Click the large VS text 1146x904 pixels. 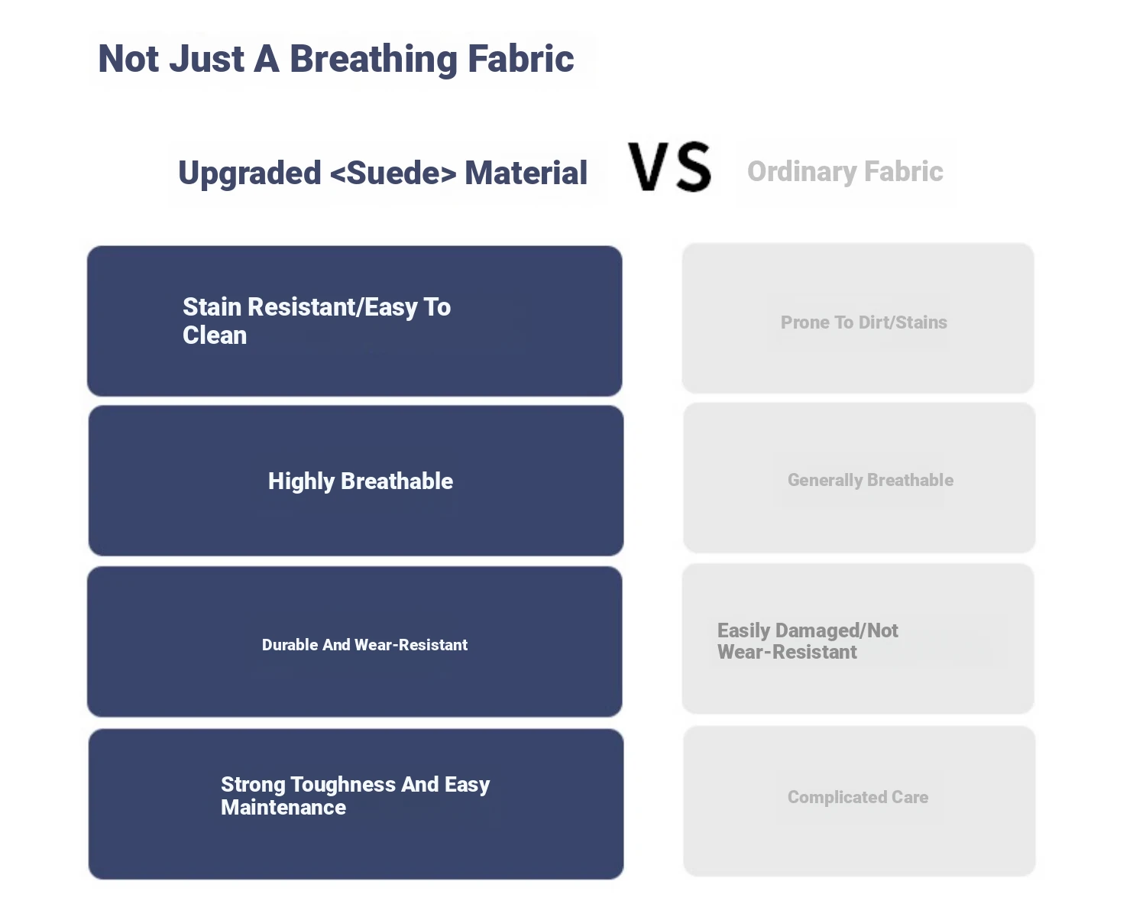669,167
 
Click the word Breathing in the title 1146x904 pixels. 374,60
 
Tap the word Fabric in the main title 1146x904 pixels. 521,58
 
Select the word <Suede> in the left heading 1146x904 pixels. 393,173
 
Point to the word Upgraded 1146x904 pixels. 250,173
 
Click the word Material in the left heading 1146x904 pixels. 526,173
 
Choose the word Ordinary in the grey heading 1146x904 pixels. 801,172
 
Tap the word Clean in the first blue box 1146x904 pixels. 215,335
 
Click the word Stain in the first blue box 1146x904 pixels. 212,307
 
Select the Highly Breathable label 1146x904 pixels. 361,481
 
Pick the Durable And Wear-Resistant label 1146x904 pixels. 364,645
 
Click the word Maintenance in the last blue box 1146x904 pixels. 283,808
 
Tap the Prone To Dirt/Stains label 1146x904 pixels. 864,322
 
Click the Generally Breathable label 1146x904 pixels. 871,481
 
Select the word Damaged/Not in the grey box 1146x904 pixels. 837,631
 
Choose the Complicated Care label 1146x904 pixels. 858,798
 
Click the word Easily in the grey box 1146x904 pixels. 744,631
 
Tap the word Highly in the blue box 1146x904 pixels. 302,481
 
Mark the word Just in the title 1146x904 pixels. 206,59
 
